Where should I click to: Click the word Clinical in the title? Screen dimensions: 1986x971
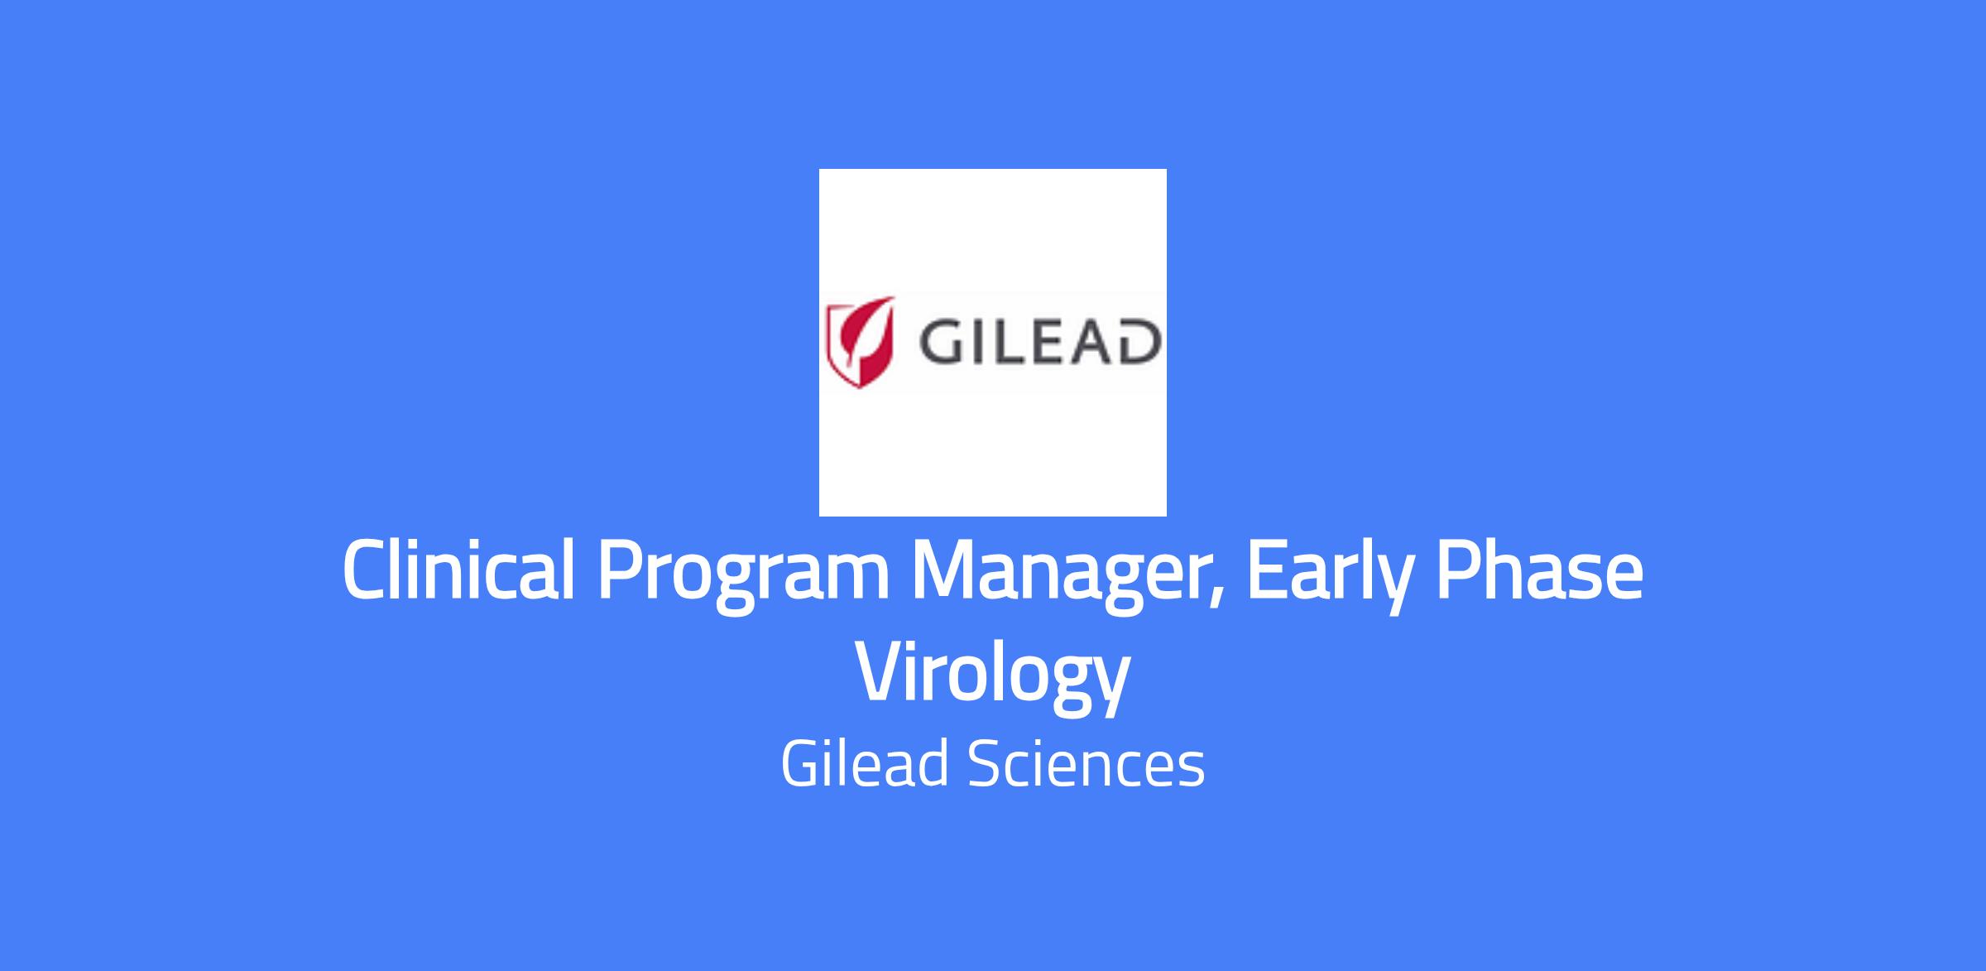click(x=458, y=570)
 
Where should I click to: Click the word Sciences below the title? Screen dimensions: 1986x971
click(x=1086, y=764)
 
